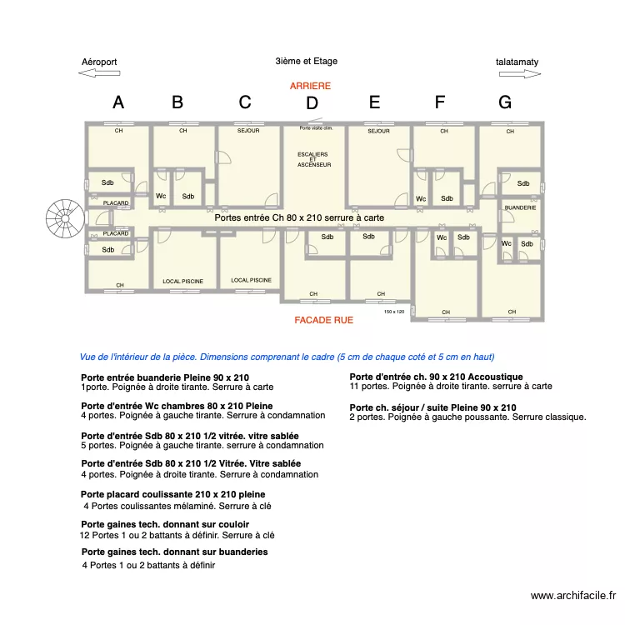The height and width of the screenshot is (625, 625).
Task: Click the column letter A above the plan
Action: (118, 102)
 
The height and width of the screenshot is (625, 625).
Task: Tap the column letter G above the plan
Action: (505, 102)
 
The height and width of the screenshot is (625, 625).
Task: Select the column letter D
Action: (312, 104)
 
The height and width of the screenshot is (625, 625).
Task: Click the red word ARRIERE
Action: (310, 86)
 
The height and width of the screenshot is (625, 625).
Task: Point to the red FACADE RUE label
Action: (323, 320)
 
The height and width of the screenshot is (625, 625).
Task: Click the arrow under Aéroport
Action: (99, 73)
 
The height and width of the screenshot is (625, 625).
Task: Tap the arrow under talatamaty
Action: (521, 73)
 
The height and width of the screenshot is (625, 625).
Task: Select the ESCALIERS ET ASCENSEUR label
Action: (312, 160)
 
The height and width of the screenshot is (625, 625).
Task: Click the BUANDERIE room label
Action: (520, 207)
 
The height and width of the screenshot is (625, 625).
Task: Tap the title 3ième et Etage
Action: (306, 61)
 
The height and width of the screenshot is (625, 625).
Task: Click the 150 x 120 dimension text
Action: (394, 312)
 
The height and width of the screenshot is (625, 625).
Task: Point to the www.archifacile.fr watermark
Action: (572, 596)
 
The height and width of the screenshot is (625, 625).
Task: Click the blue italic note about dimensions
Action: (287, 357)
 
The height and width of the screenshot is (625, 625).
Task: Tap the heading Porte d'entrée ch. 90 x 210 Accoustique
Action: (436, 377)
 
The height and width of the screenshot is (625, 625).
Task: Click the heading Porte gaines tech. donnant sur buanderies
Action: (174, 552)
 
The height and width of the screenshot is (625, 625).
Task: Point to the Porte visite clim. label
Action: (317, 128)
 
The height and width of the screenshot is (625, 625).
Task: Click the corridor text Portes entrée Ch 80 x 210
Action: (299, 217)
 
